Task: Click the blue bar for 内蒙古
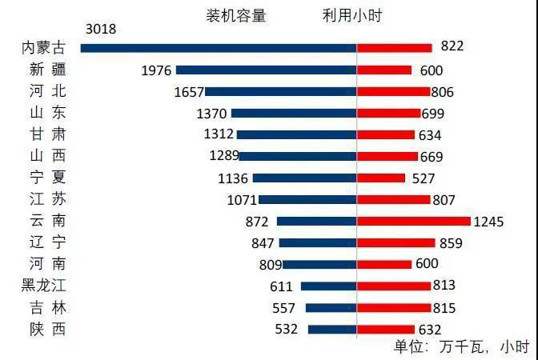(219, 49)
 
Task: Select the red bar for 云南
(413, 222)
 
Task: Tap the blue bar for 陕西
(331, 329)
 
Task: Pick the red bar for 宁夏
(380, 178)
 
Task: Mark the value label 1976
(156, 70)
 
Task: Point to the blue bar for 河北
(280, 92)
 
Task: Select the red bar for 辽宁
(395, 242)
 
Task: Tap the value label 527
(424, 178)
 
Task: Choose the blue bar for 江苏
(307, 200)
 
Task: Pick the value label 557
(284, 307)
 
